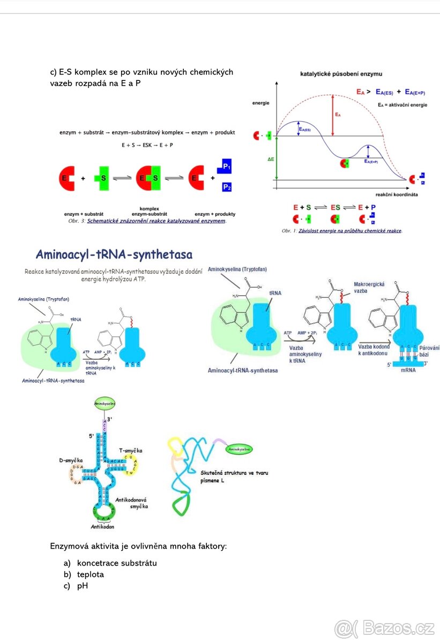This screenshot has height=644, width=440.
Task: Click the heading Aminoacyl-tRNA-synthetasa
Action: pyautogui.click(x=114, y=254)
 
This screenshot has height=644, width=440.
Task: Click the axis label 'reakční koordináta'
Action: pyautogui.click(x=397, y=194)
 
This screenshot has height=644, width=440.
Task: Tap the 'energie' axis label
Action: pyautogui.click(x=261, y=103)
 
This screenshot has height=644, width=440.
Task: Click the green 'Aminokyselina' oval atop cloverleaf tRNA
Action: pyautogui.click(x=105, y=402)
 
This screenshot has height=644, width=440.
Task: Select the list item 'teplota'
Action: pyautogui.click(x=91, y=574)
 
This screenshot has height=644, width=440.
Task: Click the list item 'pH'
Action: pyautogui.click(x=83, y=586)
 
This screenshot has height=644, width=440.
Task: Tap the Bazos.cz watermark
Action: pyautogui.click(x=384, y=627)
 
